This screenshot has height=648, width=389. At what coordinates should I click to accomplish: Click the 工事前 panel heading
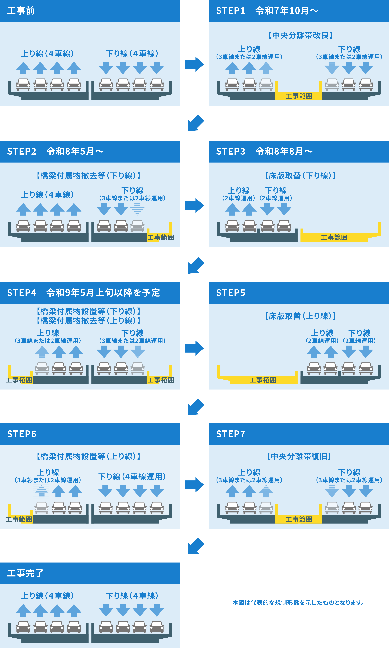(x=21, y=11)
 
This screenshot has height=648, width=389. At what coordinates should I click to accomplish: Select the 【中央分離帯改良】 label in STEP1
(x=300, y=35)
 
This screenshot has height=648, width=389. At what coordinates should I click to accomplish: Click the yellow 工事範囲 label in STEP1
(x=299, y=96)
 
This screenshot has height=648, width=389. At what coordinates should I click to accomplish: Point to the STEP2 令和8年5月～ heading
(x=56, y=151)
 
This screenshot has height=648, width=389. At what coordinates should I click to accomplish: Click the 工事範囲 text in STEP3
(x=334, y=238)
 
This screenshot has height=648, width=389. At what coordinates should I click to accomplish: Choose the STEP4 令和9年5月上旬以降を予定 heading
(x=83, y=293)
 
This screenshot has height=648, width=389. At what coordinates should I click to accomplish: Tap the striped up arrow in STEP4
(x=42, y=352)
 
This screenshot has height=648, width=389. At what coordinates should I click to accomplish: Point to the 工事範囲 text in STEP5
(x=263, y=380)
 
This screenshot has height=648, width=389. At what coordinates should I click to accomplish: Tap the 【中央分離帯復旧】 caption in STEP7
(x=299, y=456)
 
